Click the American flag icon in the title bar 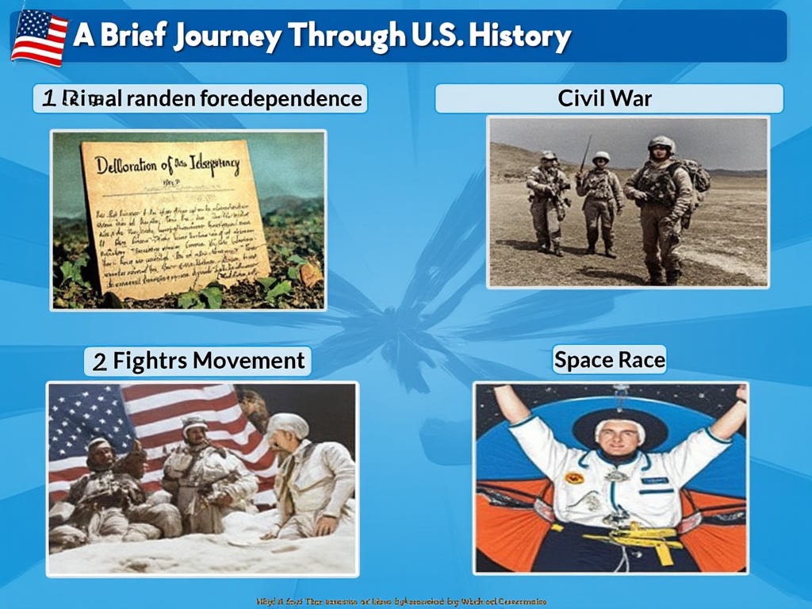coord(39,37)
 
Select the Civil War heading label coord(605,98)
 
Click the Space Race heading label coord(609,360)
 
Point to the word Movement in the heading coord(248,361)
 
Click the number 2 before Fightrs coord(100,362)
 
